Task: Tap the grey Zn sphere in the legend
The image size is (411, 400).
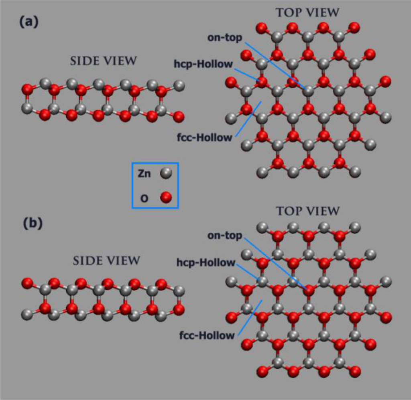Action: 166,173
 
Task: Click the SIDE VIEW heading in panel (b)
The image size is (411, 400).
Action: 106,260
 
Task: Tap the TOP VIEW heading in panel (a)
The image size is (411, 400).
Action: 308,12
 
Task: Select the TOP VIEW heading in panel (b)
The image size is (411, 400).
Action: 308,211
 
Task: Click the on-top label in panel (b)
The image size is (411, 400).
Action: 225,236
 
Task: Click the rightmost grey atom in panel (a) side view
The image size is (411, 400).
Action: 179,85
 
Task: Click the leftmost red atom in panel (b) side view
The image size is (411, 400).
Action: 27,283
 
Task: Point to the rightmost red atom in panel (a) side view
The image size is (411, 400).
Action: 179,117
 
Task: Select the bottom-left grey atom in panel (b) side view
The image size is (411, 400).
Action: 27,315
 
